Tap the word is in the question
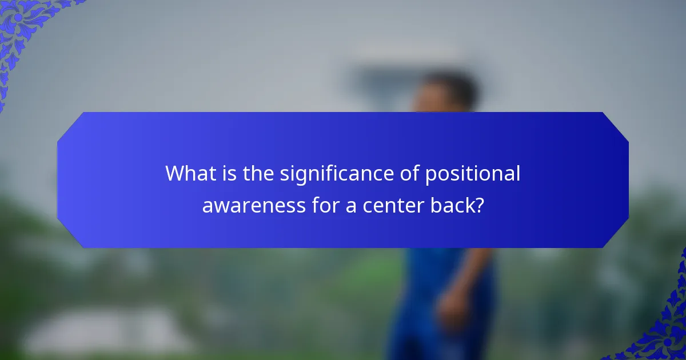click(230, 174)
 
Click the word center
click(395, 205)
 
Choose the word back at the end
click(456, 205)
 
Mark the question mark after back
click(480, 205)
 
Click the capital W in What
click(174, 174)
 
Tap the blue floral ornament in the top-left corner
click(23, 29)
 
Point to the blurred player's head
click(446, 94)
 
